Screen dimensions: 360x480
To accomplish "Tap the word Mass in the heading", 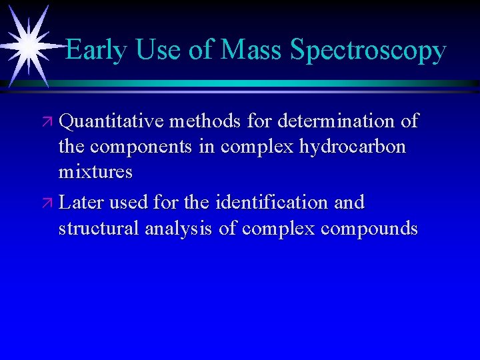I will (253, 50).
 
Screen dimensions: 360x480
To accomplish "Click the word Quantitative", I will (111, 122).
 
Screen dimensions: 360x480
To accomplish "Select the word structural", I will (99, 229).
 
